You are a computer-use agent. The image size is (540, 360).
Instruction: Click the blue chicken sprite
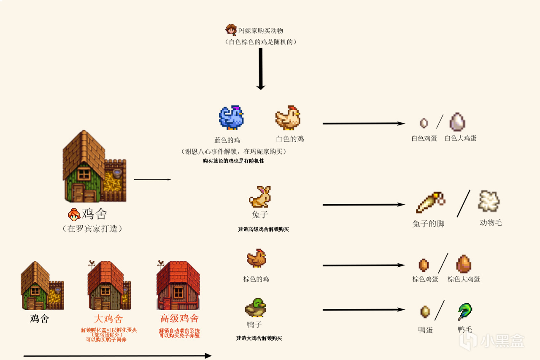click(x=231, y=117)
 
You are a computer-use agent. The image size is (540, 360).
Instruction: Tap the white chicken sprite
click(x=288, y=117)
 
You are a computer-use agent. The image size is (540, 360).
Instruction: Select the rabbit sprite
click(x=260, y=197)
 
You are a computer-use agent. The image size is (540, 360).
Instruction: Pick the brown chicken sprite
click(x=256, y=258)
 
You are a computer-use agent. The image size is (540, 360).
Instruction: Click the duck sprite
click(x=255, y=308)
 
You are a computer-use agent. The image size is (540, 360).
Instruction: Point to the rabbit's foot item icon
click(x=430, y=203)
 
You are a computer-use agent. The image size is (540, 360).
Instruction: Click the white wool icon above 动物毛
click(x=489, y=201)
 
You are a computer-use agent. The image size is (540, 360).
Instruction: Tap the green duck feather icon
click(x=465, y=312)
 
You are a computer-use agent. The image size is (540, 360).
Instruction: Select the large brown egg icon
click(x=464, y=264)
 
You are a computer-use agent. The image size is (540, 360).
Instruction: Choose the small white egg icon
click(x=424, y=123)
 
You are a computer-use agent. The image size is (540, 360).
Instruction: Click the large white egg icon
click(x=457, y=122)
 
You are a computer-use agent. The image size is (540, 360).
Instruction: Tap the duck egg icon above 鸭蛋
click(x=425, y=312)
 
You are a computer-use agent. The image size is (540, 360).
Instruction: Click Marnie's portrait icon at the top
click(x=231, y=30)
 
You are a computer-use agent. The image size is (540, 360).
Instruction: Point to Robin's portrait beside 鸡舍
click(x=74, y=214)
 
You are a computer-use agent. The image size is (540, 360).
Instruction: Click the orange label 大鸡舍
click(x=108, y=319)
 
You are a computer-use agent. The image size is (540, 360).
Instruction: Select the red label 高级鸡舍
click(x=179, y=318)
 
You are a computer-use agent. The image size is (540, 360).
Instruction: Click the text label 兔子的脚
click(x=428, y=224)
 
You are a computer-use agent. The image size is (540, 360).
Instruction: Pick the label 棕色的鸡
click(x=256, y=279)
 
